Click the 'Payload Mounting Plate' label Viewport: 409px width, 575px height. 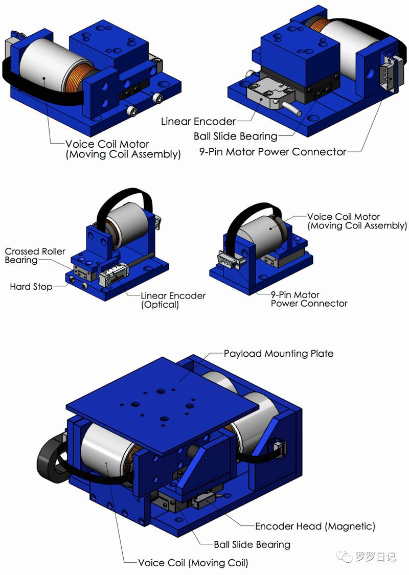tap(279, 354)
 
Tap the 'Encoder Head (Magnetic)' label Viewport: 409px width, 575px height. tap(315, 526)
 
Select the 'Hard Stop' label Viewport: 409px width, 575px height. tap(31, 286)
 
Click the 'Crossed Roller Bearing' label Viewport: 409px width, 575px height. tap(35, 256)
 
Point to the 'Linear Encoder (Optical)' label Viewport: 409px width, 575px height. tap(173, 300)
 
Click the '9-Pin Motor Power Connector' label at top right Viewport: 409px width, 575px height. tap(272, 152)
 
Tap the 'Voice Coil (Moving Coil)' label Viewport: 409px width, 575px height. tap(193, 563)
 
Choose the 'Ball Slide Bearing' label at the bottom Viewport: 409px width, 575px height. tap(252, 544)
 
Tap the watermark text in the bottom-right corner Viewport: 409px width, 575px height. tap(367, 556)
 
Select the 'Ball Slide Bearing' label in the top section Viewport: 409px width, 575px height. tap(236, 136)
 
